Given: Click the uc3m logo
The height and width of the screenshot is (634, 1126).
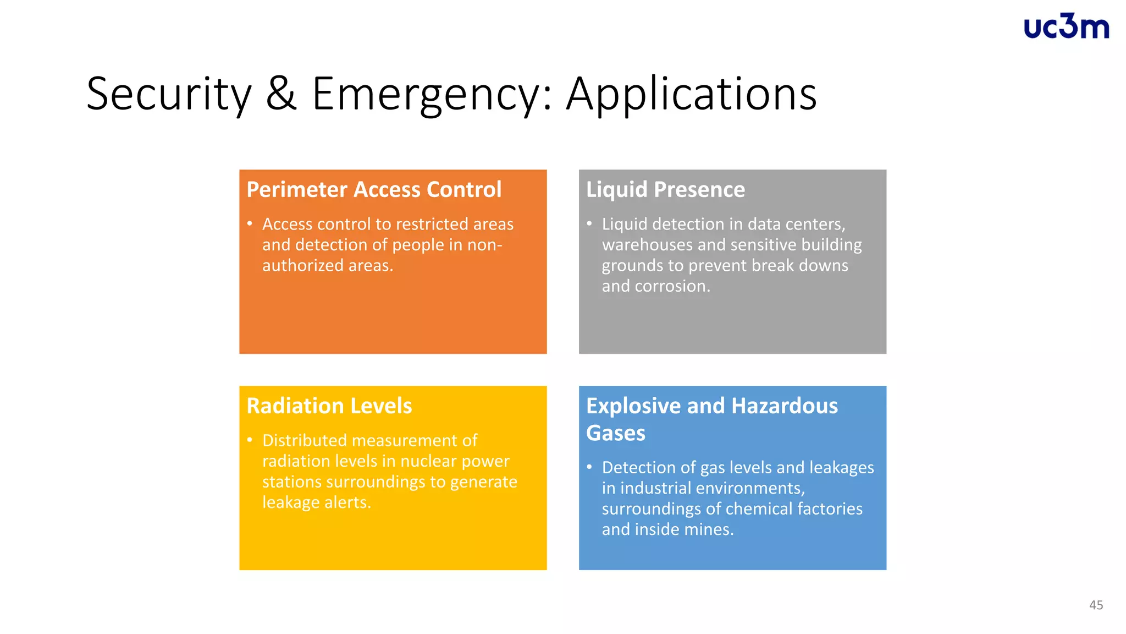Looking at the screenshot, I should [1066, 27].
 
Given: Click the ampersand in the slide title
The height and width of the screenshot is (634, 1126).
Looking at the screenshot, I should [281, 94].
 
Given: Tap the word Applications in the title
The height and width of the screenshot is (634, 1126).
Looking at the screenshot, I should [691, 95].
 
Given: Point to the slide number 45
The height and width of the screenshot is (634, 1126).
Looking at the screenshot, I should [1096, 605].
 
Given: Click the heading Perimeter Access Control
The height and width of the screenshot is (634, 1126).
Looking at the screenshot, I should [374, 189].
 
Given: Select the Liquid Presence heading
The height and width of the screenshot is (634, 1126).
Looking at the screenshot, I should [665, 189].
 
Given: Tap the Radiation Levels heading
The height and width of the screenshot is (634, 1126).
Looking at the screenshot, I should [329, 406].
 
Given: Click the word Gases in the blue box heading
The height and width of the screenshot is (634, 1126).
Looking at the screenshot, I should [616, 433].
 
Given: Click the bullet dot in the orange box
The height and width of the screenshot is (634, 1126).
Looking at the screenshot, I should [250, 224].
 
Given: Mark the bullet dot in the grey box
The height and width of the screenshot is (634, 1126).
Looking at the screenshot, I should [589, 224].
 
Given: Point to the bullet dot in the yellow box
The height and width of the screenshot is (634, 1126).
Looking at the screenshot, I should [250, 440].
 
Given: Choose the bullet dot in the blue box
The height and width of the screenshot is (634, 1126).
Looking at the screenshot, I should [589, 467].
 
